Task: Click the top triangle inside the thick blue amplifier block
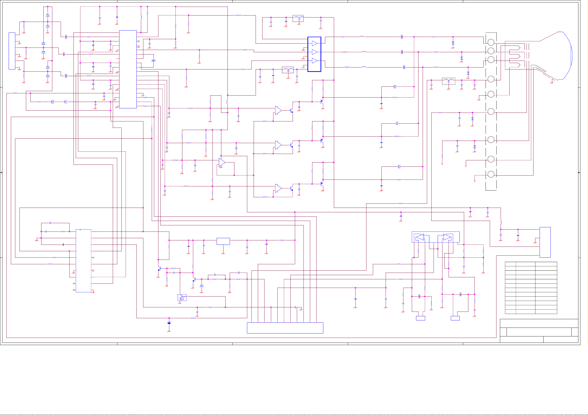coord(315,43)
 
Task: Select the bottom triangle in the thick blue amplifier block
coord(315,61)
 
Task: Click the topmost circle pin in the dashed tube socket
coord(491,42)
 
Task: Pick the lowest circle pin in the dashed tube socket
coord(491,174)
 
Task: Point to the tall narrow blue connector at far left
coord(12,51)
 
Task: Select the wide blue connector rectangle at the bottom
coord(285,328)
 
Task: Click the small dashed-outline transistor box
coord(182,298)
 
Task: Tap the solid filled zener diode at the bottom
coord(169,323)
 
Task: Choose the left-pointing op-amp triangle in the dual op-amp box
coord(420,237)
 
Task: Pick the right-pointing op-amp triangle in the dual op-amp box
coord(447,237)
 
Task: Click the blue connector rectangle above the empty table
coord(545,242)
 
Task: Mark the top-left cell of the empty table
coord(510,264)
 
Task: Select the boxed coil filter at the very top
coord(298,18)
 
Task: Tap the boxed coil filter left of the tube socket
coord(448,81)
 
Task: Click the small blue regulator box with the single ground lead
coord(223,241)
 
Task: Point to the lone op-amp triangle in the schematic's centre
coord(222,162)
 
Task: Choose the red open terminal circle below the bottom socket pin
coord(474,181)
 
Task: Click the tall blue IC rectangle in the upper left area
coord(128,69)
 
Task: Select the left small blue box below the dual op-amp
coord(420,318)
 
